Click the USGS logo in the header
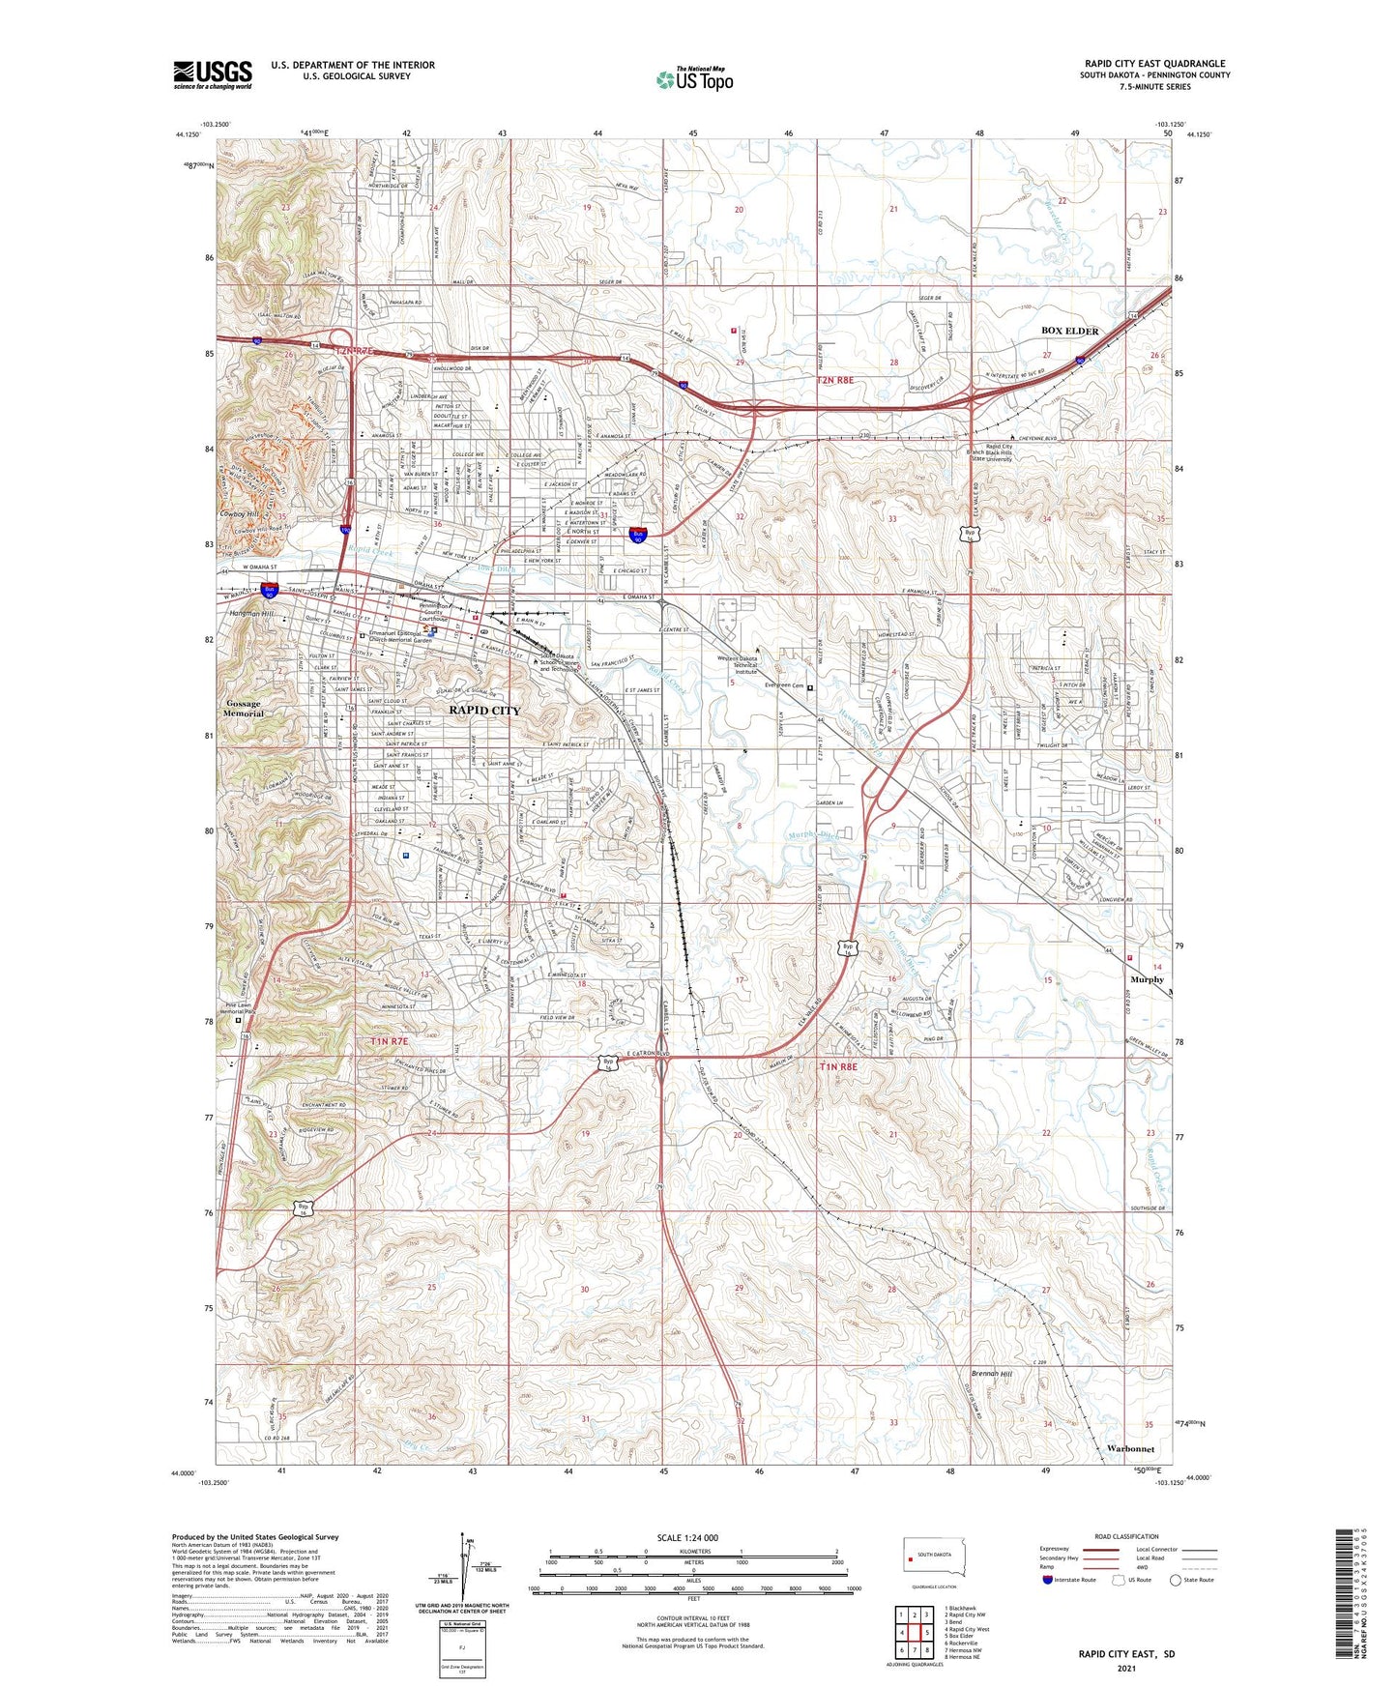[213, 74]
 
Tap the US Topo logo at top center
[694, 78]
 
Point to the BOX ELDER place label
[1069, 331]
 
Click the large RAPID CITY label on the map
[484, 710]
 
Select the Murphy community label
[1147, 979]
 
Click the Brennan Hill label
[992, 1374]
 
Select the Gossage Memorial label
[243, 709]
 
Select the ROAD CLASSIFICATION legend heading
[1126, 1536]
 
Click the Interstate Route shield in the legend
[1048, 1580]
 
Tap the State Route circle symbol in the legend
[1176, 1580]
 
